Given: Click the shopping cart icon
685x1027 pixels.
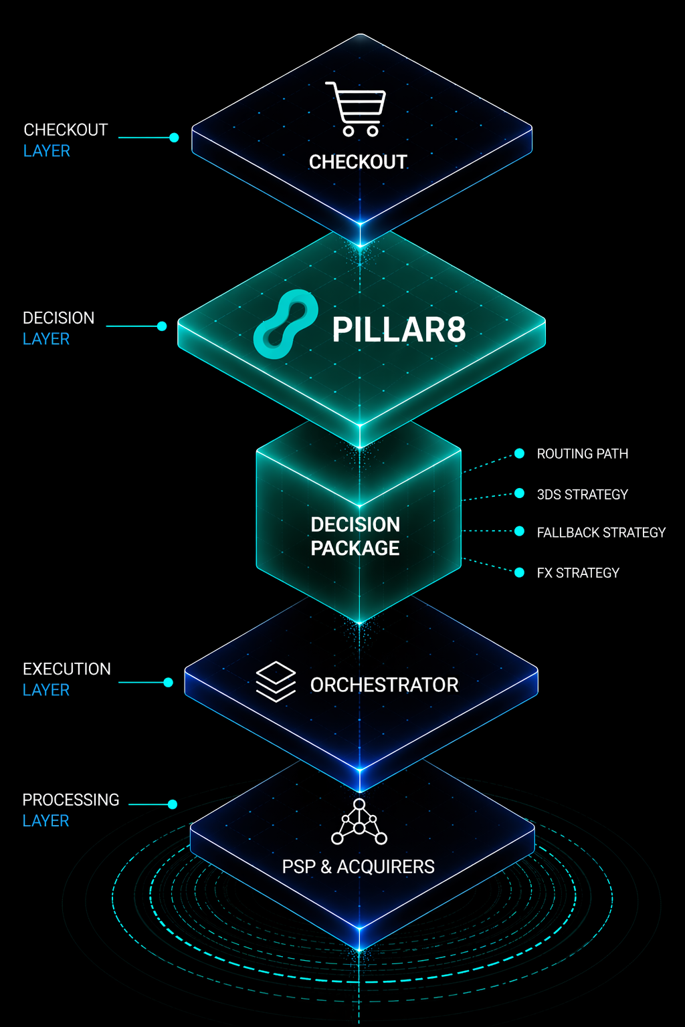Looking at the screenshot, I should point(357,108).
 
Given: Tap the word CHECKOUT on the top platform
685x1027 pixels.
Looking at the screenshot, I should point(358,162).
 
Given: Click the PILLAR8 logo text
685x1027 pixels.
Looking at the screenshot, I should point(399,330).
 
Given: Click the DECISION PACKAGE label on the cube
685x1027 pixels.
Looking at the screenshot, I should point(355,536).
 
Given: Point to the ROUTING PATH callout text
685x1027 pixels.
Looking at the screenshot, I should point(582,454).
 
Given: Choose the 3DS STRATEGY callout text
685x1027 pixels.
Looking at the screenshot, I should point(582,495).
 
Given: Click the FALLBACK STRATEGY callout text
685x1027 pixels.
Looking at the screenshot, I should point(601,533).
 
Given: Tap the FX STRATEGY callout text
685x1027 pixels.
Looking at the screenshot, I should point(578,573).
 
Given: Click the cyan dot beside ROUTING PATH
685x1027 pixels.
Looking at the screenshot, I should point(519,453).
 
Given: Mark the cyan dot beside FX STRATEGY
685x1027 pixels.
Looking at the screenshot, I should point(519,572).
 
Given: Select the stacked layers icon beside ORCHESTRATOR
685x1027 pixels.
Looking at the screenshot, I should point(276,681).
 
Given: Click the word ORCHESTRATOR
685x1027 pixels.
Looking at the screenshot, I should point(384,685).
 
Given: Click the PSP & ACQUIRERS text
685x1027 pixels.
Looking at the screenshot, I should point(358,867).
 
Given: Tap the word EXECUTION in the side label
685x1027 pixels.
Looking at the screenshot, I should point(67,669).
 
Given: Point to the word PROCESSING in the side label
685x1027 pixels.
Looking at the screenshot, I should point(71,800).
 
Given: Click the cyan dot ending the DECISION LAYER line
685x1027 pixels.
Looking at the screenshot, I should point(162,326).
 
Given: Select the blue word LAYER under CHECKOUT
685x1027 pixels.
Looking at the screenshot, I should point(47,151).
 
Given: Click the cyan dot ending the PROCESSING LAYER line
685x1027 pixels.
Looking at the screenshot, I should point(173,804).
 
